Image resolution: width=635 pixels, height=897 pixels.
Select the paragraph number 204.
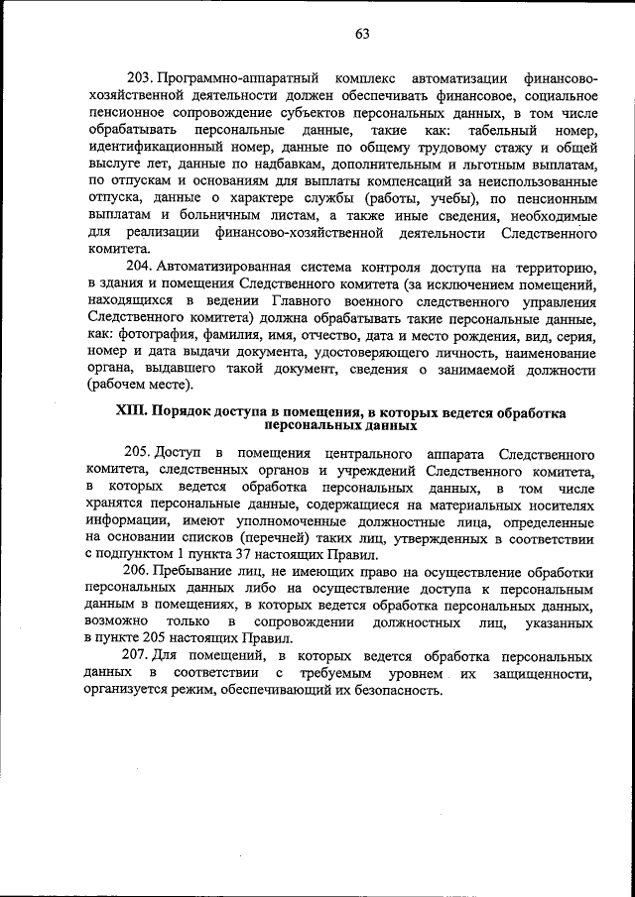coord(140,269)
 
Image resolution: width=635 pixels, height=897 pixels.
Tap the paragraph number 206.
coord(138,573)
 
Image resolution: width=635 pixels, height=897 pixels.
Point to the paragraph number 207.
coord(138,657)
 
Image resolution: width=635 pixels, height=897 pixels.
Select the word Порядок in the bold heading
coord(194,411)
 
